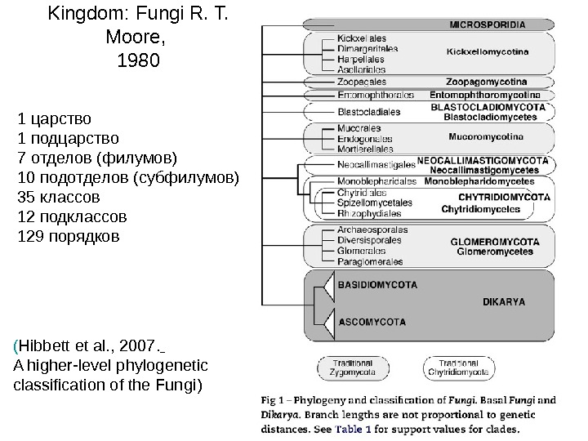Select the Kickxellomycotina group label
[488, 51]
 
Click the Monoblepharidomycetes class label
[483, 181]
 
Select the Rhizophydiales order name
[370, 213]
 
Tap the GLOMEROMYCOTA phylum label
[495, 242]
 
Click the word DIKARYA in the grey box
[504, 301]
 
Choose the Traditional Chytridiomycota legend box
[459, 367]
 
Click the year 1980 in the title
[139, 60]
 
